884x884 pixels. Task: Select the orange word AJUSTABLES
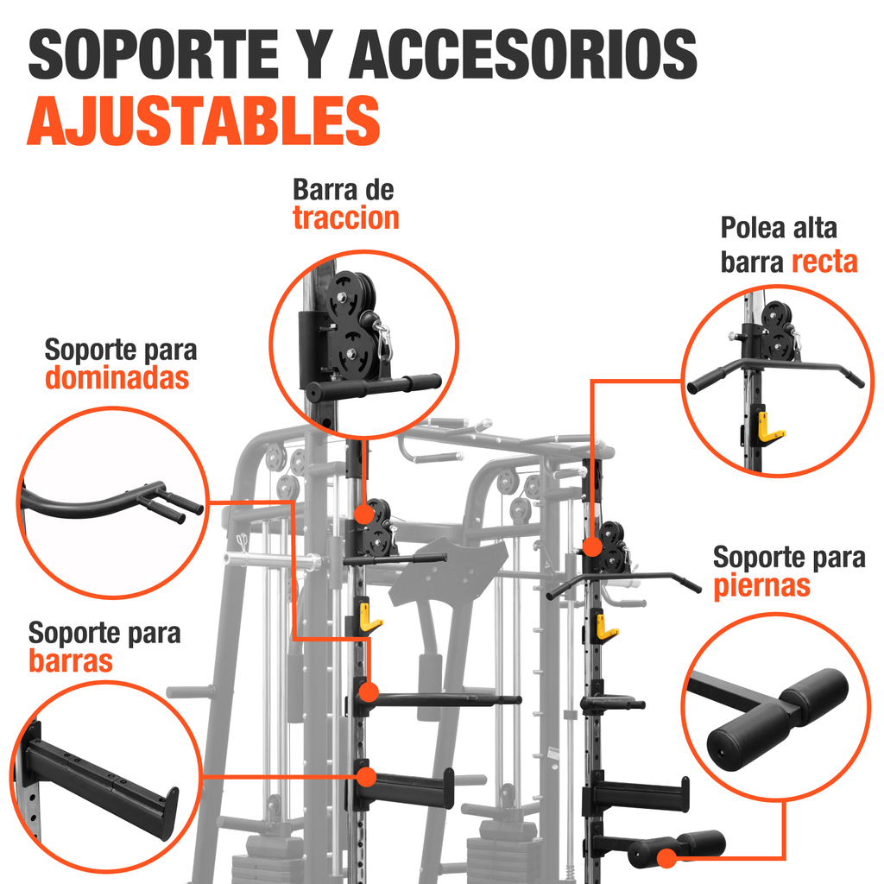pos(204,122)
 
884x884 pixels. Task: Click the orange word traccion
pos(346,218)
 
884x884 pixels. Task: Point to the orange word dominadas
pos(117,378)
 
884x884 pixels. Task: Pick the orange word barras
pos(71,661)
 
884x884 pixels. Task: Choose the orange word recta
pos(824,262)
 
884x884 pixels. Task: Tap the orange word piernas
pos(761,586)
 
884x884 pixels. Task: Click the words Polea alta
pos(779,229)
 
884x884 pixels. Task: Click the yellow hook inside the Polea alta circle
pos(768,426)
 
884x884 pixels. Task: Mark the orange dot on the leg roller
pos(666,858)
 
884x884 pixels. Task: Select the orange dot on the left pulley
pos(365,515)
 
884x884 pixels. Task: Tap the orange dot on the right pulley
pos(592,546)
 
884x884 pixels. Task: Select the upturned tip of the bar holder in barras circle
pos(169,813)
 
